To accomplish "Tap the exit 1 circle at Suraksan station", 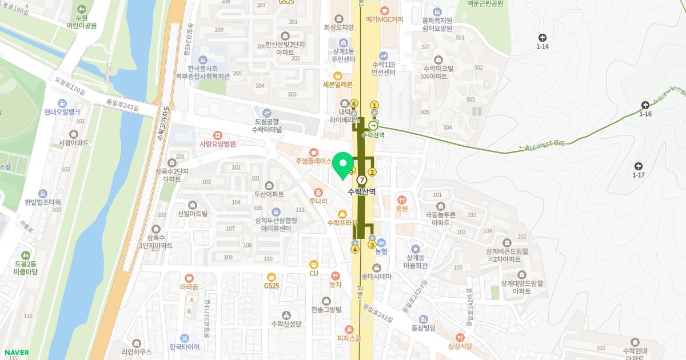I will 375,105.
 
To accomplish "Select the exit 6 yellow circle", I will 354,103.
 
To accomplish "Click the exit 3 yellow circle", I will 372,245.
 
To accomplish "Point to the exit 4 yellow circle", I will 355,249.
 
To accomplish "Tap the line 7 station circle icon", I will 361,181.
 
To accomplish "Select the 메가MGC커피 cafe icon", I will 384,10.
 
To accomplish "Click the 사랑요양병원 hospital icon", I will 217,135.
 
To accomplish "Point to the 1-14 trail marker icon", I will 543,38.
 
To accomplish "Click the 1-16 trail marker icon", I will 645,105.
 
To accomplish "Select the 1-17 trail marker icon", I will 639,166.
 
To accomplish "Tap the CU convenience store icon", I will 313,264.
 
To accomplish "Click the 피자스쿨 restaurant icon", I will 350,329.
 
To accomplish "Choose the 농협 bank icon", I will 381,242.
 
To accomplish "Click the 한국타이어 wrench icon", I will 184,338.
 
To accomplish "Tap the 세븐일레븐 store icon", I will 338,75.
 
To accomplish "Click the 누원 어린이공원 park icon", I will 81,9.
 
